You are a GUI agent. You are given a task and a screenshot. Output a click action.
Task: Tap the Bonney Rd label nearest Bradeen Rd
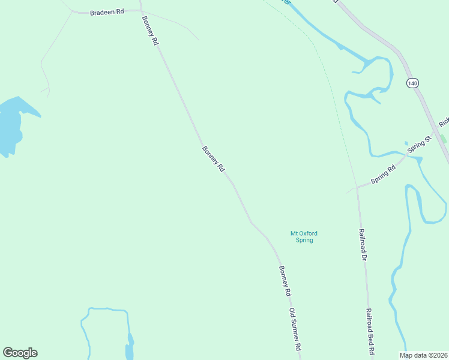[x=149, y=31]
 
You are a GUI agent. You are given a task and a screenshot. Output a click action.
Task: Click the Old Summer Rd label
[x=294, y=330]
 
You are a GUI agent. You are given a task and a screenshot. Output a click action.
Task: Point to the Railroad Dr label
[x=363, y=244]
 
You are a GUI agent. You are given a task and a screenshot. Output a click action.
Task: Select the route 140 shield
[x=412, y=83]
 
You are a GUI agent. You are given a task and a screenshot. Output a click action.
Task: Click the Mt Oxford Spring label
[x=304, y=236]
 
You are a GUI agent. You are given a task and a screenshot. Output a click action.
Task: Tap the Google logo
[x=20, y=353]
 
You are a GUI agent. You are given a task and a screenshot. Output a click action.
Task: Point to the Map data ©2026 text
[x=423, y=355]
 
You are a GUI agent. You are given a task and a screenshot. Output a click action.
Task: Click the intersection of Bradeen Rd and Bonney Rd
[x=141, y=11]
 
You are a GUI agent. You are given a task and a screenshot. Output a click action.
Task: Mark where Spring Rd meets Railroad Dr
[x=357, y=187]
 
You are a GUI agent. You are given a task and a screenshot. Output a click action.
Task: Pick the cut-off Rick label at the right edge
[x=444, y=122]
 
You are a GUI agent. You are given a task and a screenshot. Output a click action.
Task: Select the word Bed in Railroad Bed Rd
[x=372, y=338]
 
